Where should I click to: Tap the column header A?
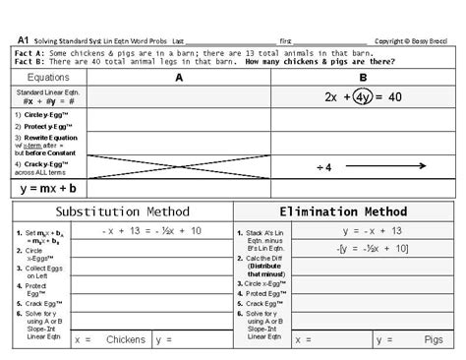(178, 76)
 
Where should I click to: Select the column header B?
(363, 76)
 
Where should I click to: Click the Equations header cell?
(49, 76)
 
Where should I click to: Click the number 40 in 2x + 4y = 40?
(395, 97)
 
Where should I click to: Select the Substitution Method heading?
(123, 211)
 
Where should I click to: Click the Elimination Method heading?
(343, 211)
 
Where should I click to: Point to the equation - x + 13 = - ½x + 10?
(152, 230)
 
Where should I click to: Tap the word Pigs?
(433, 340)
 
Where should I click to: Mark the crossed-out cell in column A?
(178, 165)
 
